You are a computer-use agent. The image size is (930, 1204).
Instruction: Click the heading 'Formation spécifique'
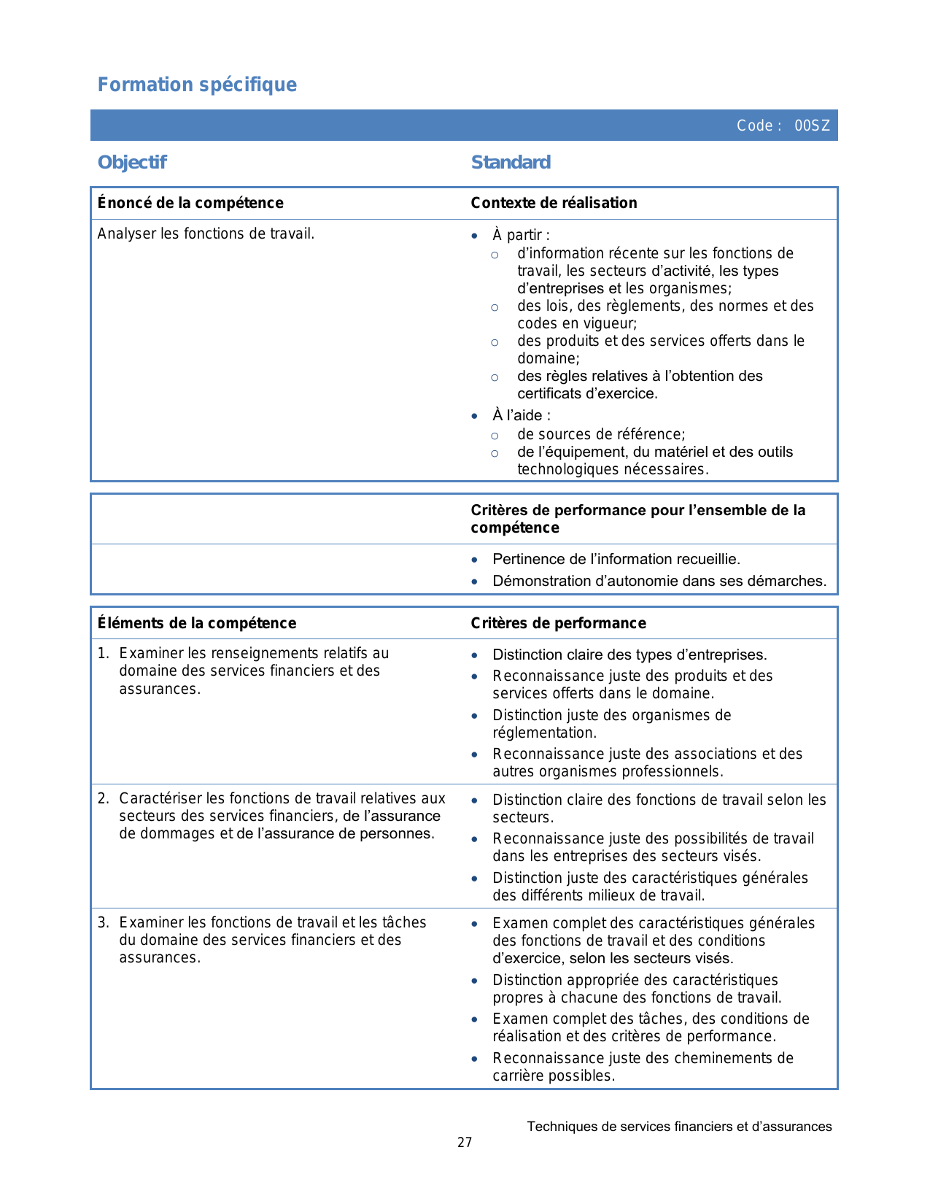(197, 85)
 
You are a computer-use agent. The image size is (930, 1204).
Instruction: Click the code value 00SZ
(812, 126)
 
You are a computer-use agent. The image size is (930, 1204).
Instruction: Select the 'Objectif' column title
(132, 162)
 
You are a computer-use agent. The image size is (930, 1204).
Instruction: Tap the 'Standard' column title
(511, 162)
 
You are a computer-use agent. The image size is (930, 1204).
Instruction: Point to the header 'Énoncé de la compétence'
(190, 203)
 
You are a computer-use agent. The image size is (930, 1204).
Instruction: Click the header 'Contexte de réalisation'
(554, 203)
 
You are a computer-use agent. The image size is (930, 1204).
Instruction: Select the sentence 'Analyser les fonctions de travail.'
(206, 234)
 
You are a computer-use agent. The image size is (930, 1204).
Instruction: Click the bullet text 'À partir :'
(521, 235)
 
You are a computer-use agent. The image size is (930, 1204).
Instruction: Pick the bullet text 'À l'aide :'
(522, 415)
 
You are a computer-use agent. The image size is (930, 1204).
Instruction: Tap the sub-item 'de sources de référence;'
(601, 434)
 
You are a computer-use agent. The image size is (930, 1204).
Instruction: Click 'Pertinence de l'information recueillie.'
(616, 559)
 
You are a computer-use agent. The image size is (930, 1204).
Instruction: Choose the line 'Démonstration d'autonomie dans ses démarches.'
(659, 581)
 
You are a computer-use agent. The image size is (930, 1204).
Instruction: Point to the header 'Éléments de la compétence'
(197, 623)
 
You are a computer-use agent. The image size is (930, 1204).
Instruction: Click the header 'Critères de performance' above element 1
(558, 623)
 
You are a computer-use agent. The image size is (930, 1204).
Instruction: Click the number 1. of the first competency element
(103, 653)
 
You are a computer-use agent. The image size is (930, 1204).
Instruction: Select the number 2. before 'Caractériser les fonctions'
(103, 798)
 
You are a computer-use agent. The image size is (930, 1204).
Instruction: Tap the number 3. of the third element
(103, 922)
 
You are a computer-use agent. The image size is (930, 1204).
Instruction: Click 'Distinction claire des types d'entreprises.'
(629, 655)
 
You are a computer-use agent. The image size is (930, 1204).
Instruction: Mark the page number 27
(465, 1143)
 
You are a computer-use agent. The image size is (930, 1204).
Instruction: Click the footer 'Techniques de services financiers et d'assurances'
(679, 1127)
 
